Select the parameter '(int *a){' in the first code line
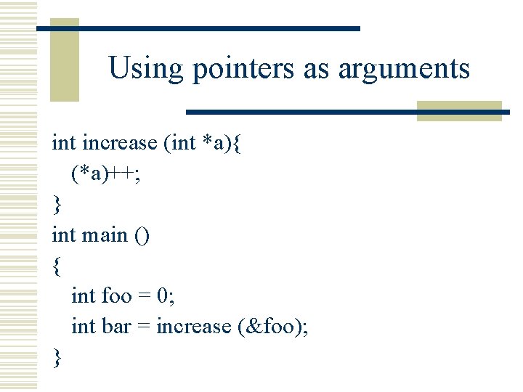tap(207, 143)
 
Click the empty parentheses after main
tap(141, 235)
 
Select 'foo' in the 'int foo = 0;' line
tap(116, 295)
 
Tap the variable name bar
tap(116, 326)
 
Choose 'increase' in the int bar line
tap(193, 326)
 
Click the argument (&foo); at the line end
tap(273, 327)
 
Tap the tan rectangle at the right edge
tap(459, 111)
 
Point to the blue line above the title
tap(198, 28)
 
